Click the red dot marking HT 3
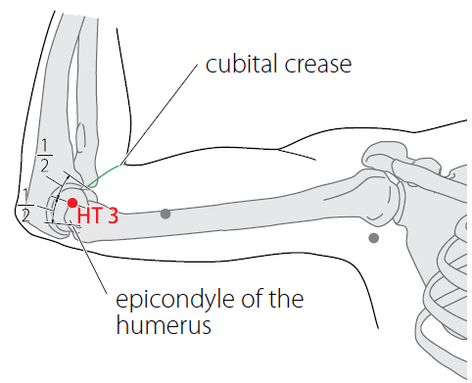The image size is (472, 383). point(72,203)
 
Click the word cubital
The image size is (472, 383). point(242,64)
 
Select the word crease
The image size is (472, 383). point(318,65)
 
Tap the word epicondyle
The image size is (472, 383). point(174,301)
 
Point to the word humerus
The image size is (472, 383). point(164,325)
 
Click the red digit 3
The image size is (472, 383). point(113,215)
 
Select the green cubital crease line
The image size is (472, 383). point(104,174)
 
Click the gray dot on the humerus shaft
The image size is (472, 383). point(165,214)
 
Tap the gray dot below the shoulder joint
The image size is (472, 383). point(373,238)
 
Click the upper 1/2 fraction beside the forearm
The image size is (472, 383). point(44,156)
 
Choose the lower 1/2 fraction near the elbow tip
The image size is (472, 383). point(25,206)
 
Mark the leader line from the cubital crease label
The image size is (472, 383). point(159,115)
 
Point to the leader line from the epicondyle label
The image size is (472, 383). point(88,257)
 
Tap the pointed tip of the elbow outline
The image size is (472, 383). point(15,211)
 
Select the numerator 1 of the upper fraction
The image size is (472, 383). point(44,145)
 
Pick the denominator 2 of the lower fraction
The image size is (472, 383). point(25,215)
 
